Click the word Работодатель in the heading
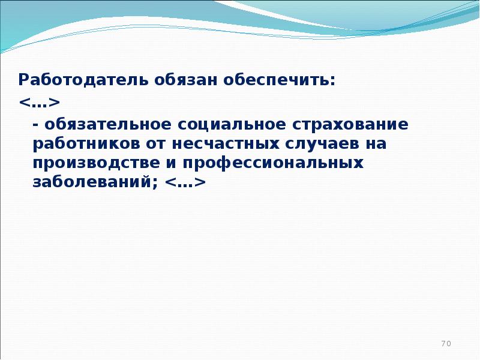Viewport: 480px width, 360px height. click(83, 80)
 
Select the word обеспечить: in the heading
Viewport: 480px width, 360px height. click(279, 80)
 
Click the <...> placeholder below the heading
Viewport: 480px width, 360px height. click(39, 103)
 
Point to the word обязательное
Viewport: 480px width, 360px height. click(108, 125)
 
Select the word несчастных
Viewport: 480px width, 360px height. click(226, 145)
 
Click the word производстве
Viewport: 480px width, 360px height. click(96, 163)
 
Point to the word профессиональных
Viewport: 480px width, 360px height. click(273, 163)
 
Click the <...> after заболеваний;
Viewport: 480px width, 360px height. click(185, 182)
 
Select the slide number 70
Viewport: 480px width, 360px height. click(446, 343)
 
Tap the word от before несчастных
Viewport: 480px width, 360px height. click(155, 145)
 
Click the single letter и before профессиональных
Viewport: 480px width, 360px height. click(172, 164)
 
